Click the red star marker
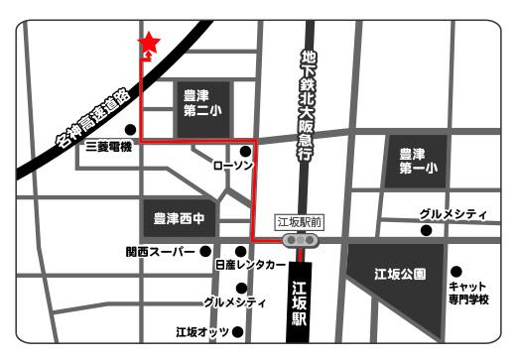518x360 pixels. coord(149,43)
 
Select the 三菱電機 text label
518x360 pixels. coord(110,145)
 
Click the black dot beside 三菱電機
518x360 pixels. coord(130,129)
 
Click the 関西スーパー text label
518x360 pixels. coord(161,252)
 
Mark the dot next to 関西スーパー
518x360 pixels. coord(205,251)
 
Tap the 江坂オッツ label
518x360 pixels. coord(202,330)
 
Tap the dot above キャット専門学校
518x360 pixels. coord(456,271)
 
